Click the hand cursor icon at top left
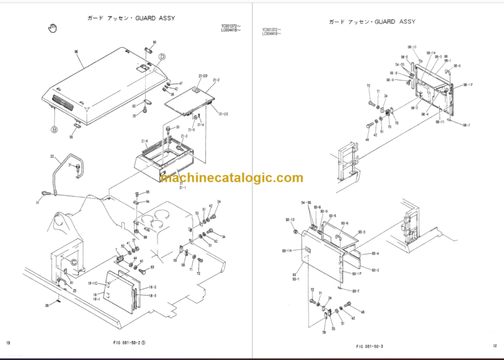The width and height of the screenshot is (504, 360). click(x=53, y=28)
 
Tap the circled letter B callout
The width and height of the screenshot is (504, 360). click(x=54, y=129)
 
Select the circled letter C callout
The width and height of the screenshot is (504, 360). click(x=74, y=262)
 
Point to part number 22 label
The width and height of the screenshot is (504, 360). click(x=52, y=157)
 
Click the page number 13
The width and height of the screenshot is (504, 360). click(x=8, y=344)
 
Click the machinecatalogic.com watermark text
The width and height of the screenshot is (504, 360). click(x=232, y=178)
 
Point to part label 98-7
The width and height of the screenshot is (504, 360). click(x=466, y=125)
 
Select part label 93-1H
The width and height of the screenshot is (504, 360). click(x=287, y=251)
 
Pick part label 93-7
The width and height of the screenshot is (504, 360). click(x=355, y=290)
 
